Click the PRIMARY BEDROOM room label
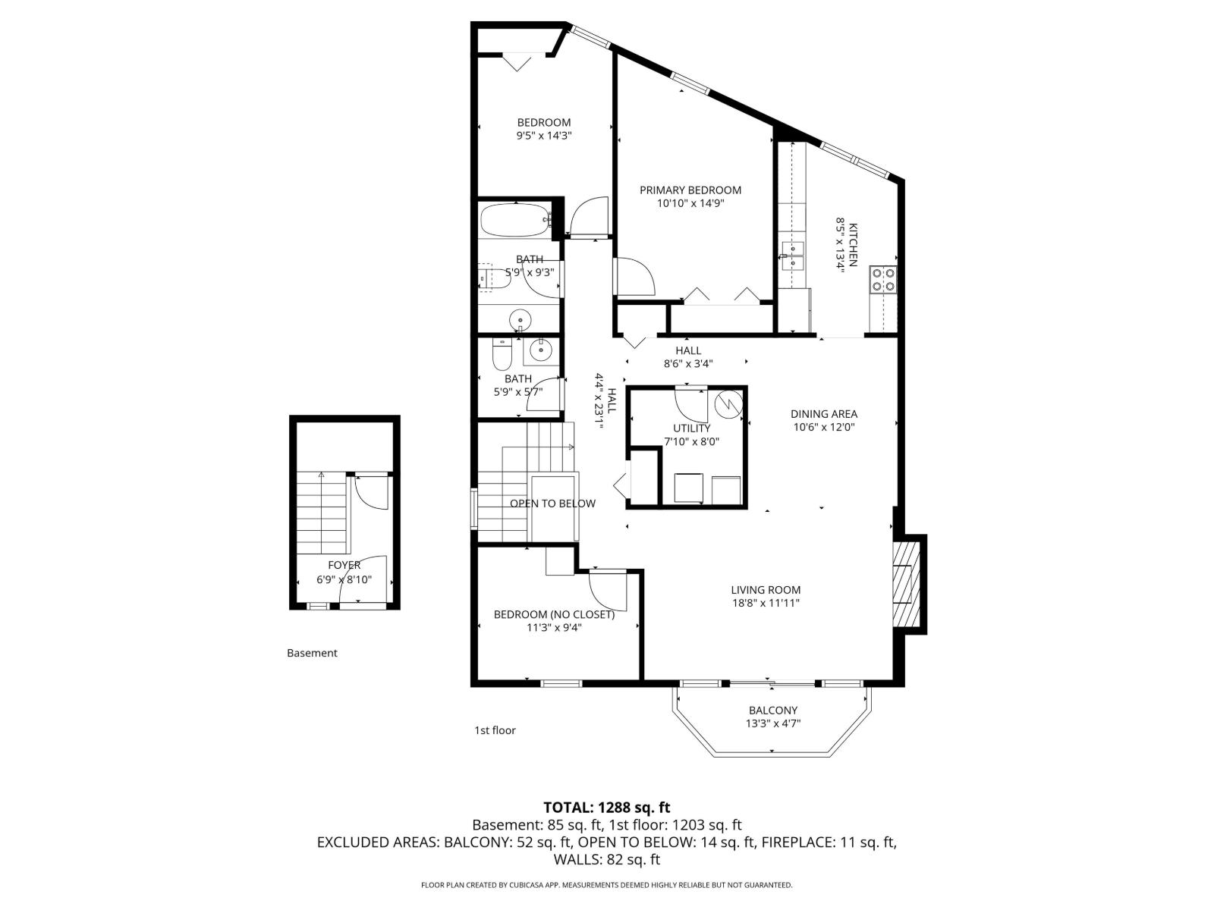coord(690,190)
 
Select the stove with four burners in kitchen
coord(883,279)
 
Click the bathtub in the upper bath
coord(515,220)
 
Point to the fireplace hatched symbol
coord(903,582)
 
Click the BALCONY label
coord(772,711)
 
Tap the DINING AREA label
coord(823,414)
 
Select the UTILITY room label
coord(691,428)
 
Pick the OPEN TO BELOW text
coord(552,504)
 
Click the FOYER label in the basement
coord(344,566)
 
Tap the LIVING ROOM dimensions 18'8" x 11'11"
coord(766,604)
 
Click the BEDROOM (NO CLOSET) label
coord(554,614)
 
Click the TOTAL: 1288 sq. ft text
coord(606,808)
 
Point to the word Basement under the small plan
coord(312,653)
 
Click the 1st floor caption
coord(495,730)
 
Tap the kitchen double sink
coord(793,256)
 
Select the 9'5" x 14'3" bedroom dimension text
coord(543,136)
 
